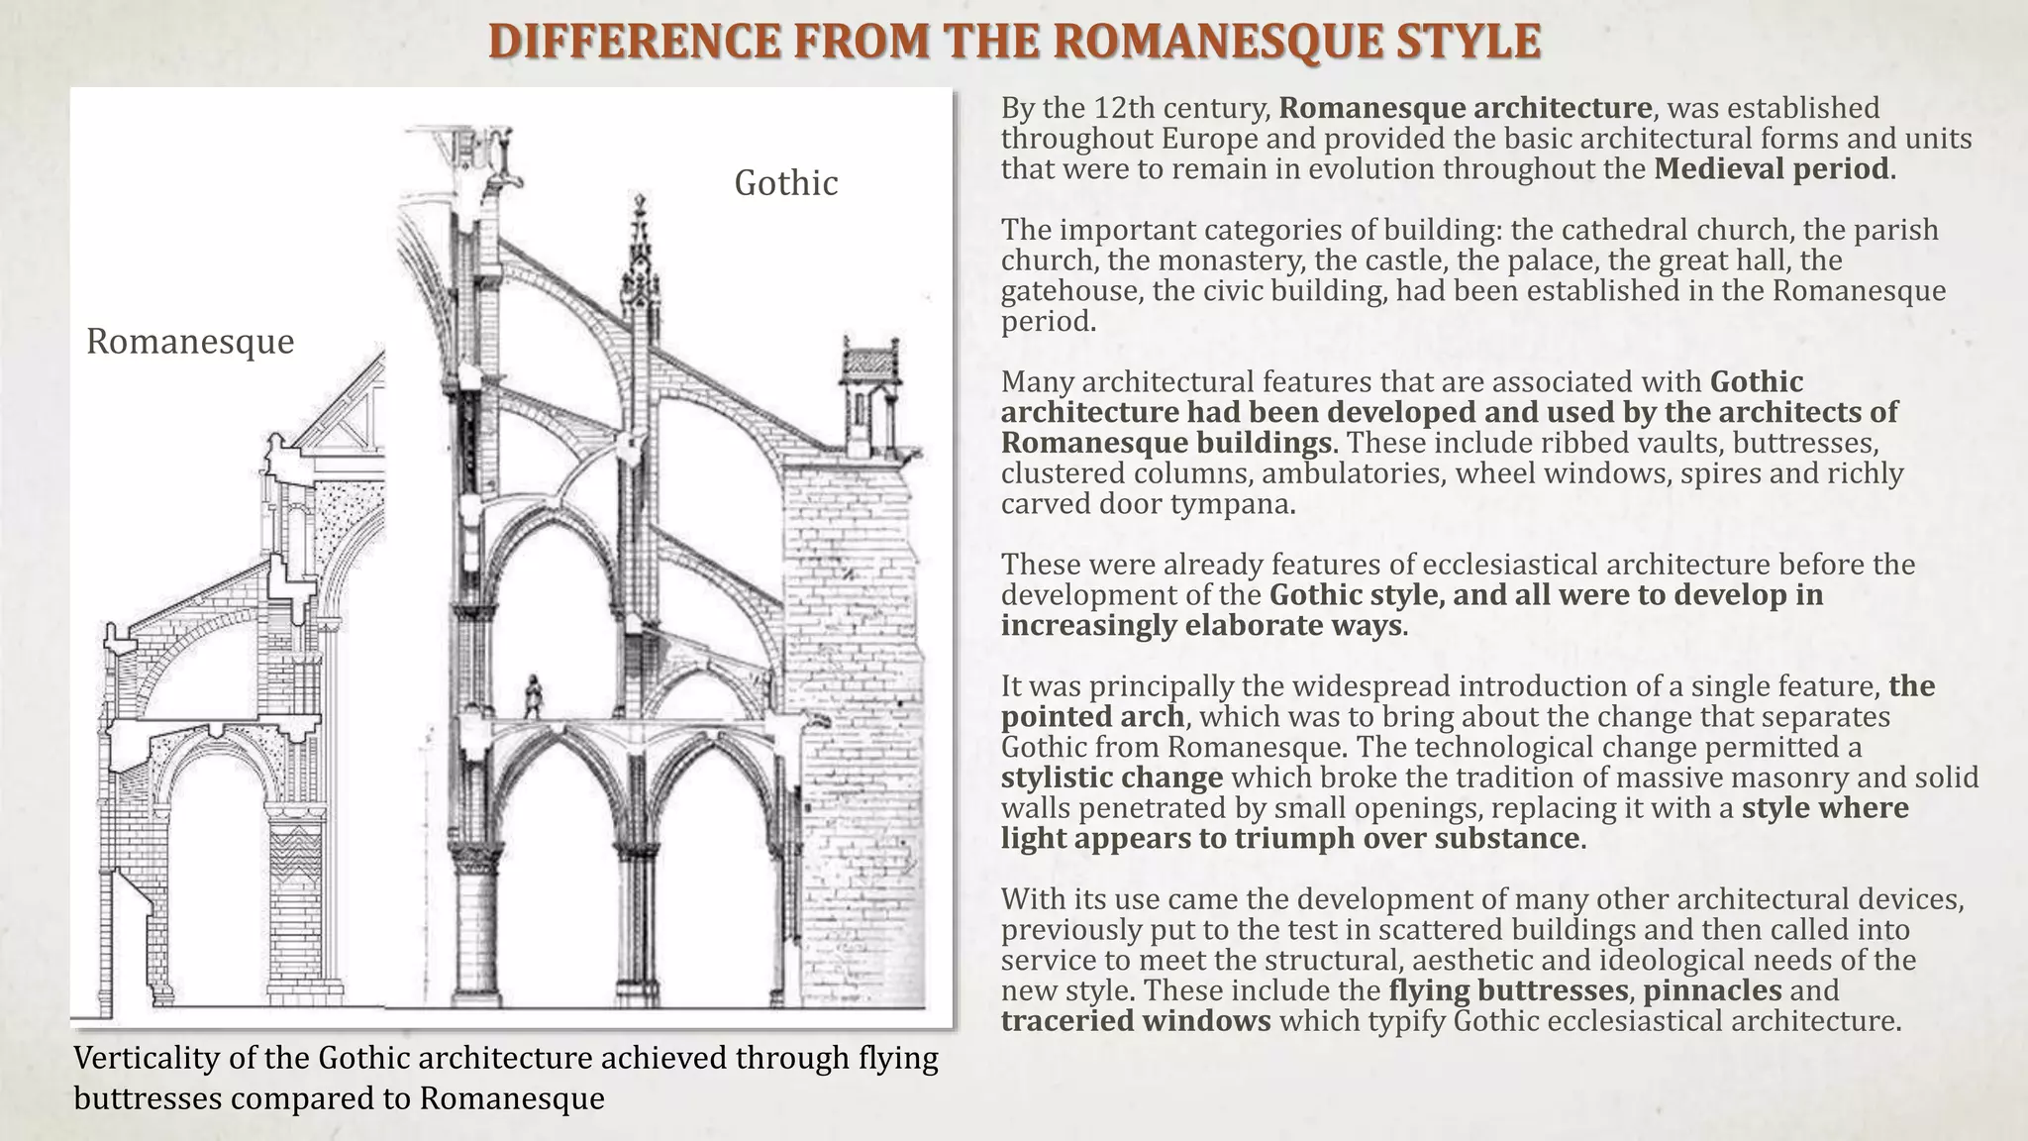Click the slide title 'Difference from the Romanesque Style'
[x=1014, y=42]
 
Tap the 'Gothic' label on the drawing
[x=785, y=183]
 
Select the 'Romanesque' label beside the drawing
[x=190, y=342]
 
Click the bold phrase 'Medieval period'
[x=1771, y=169]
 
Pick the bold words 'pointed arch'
[x=1092, y=716]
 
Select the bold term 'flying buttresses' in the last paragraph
[x=1508, y=990]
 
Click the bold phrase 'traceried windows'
[x=1136, y=1021]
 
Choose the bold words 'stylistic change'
[x=1112, y=778]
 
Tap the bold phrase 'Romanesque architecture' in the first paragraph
[x=1466, y=108]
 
